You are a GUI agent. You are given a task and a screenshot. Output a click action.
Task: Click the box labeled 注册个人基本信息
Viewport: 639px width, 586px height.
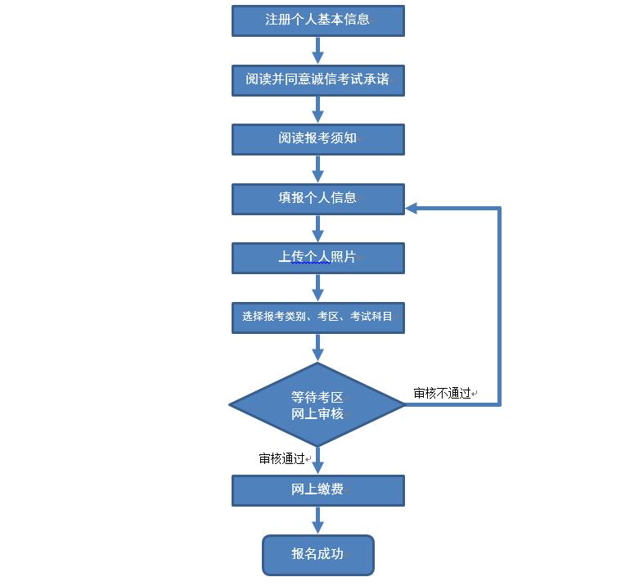317,20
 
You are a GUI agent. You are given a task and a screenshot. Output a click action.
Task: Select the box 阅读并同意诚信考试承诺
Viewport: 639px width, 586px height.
317,80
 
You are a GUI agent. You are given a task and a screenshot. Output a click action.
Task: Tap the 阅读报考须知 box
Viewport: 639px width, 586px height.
317,139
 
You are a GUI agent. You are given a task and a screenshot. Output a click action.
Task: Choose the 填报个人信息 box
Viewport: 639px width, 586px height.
317,199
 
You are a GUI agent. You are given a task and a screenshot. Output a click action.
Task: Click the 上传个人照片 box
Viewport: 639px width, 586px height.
317,258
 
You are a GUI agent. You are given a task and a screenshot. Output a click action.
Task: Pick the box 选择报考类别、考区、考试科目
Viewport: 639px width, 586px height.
317,318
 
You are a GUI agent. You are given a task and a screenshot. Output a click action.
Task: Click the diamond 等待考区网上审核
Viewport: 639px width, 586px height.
317,405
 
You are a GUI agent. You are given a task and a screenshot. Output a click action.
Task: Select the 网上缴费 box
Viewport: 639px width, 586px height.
317,491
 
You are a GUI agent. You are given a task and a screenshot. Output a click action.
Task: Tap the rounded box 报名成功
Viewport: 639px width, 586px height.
317,555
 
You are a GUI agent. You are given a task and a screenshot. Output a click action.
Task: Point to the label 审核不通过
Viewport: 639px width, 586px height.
443,394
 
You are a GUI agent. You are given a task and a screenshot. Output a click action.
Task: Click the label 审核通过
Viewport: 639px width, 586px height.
282,459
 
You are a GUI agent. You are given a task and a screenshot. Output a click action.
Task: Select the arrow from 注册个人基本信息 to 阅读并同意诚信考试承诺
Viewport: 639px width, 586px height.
317,50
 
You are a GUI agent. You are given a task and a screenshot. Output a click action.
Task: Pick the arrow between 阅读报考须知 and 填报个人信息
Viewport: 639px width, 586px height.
317,169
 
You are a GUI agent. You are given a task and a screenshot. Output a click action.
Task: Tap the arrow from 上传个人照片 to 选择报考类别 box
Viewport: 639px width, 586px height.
317,287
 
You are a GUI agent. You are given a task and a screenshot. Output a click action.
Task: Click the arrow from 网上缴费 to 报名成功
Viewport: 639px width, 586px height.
317,521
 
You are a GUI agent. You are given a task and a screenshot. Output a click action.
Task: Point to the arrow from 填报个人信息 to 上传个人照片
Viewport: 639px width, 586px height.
317,228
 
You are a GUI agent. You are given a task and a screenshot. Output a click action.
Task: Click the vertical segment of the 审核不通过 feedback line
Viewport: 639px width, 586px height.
498,307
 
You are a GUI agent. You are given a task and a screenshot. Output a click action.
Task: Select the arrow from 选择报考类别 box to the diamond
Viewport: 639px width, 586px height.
317,348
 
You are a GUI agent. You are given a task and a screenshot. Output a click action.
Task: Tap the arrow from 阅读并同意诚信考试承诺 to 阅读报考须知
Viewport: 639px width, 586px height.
317,110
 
